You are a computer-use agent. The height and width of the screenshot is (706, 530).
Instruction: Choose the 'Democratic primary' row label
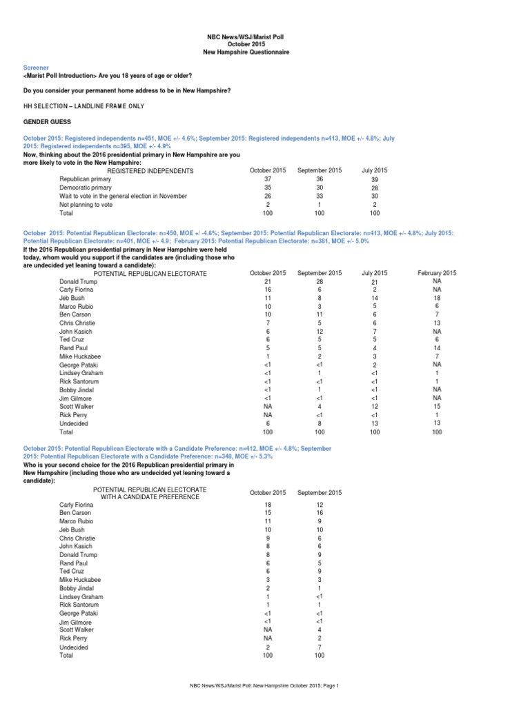tap(84, 188)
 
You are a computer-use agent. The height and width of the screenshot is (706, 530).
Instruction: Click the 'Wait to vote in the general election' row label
tap(123, 196)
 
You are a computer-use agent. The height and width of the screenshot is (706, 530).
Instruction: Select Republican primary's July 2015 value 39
tap(375, 179)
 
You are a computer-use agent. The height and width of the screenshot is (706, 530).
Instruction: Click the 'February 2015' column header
tap(437, 273)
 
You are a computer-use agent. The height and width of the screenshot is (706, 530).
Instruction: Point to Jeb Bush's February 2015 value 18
tap(437, 298)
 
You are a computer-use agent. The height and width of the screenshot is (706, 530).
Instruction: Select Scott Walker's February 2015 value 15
tap(437, 406)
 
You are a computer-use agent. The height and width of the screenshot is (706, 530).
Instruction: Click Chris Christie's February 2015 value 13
tap(437, 323)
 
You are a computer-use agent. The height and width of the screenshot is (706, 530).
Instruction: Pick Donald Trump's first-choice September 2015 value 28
tap(319, 281)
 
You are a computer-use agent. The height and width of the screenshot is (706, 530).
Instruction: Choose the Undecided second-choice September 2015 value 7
tap(319, 646)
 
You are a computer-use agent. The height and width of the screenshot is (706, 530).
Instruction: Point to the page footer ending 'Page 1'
tap(265, 686)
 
